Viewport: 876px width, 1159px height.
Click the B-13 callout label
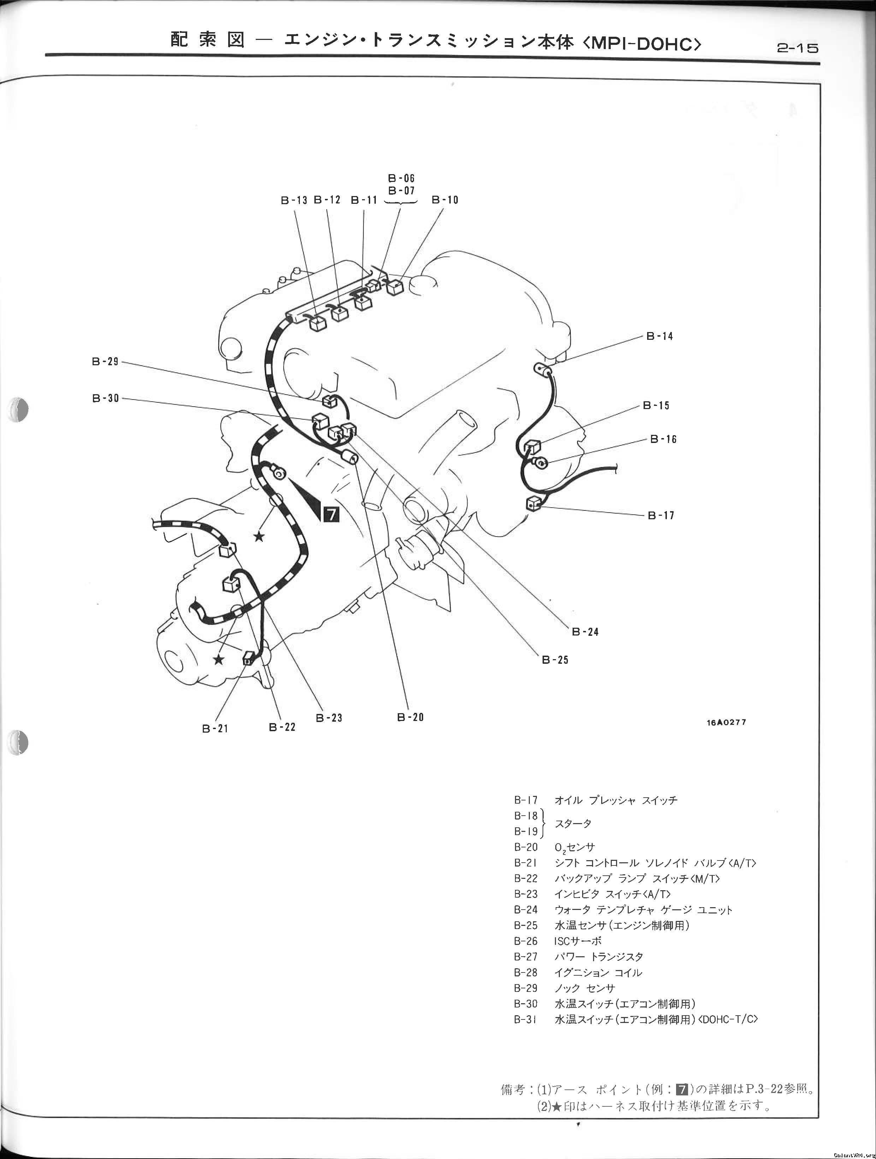point(294,200)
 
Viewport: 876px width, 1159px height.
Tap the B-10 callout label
point(445,200)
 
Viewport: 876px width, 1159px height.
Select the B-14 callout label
point(659,336)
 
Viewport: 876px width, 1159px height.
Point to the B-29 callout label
point(105,361)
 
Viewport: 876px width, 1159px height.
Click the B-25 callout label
point(555,660)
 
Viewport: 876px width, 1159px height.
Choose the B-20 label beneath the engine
point(410,717)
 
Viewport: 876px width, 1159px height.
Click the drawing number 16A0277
point(726,722)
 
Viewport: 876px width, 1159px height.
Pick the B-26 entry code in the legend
point(526,941)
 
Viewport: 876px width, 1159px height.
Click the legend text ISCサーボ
point(578,941)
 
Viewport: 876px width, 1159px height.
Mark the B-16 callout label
point(663,439)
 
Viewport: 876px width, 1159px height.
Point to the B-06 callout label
point(401,179)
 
